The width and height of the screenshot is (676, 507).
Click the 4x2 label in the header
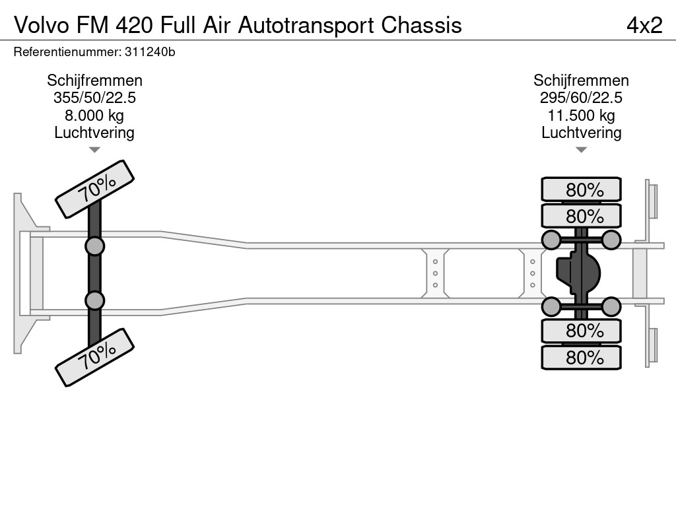(644, 25)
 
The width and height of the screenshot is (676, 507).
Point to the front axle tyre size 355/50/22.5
(94, 98)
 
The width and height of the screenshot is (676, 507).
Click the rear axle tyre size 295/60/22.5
(581, 98)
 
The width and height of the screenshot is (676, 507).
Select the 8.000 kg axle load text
(94, 116)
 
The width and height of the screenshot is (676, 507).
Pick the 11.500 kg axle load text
(581, 116)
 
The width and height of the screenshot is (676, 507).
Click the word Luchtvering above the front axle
(94, 133)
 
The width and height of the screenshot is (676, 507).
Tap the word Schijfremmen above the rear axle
(581, 81)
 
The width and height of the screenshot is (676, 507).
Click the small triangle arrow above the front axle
(94, 150)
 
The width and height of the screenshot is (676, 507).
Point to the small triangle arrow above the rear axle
(581, 150)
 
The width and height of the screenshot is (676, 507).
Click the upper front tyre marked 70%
(94, 189)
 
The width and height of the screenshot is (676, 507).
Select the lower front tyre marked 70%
(94, 357)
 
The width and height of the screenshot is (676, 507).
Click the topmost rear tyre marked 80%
(582, 189)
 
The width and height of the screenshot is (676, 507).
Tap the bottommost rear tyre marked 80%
(582, 358)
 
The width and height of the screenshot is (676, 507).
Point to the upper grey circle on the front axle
(94, 246)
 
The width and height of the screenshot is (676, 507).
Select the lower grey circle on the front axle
(94, 300)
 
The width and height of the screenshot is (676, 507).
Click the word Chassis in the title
(422, 25)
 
